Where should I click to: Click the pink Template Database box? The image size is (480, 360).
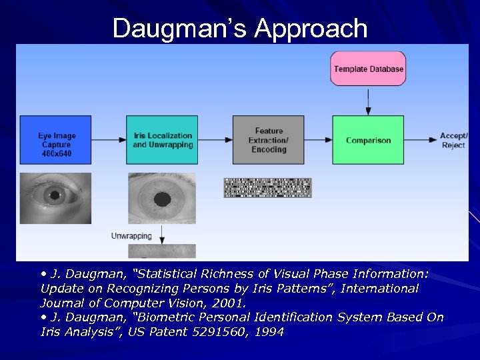point(368,69)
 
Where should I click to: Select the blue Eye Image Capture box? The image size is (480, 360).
point(55,140)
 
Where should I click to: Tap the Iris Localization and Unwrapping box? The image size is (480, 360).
point(162,140)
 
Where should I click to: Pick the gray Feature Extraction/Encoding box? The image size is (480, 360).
point(268,140)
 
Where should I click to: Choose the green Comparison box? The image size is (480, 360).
point(368,140)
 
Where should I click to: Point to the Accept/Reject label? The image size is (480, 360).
point(454,141)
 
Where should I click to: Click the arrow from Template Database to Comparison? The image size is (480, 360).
point(368,100)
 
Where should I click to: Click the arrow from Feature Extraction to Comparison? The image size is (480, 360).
point(318,140)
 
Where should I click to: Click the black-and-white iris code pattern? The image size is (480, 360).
point(267,188)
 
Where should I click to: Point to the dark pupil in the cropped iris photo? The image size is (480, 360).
point(163,199)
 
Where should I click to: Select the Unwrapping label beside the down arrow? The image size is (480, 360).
point(131,236)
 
